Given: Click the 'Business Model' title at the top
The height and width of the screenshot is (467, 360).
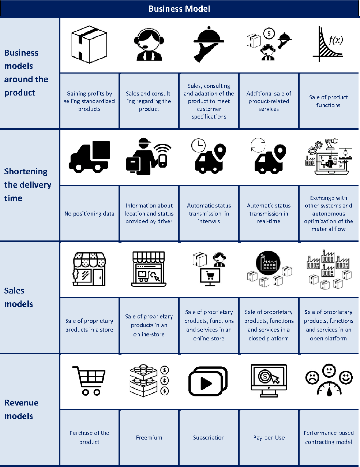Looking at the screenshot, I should click(179, 9).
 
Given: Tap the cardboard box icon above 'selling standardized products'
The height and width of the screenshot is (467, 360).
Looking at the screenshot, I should click(89, 45).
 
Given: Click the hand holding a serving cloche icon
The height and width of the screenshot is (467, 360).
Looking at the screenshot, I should click(209, 45).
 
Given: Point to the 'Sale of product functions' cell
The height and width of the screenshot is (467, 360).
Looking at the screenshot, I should click(329, 101).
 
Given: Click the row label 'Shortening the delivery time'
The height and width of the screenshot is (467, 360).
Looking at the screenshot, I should click(27, 185).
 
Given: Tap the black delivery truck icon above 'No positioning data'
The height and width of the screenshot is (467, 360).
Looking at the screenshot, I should click(90, 157).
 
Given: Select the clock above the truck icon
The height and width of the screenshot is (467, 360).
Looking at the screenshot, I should click(198, 145).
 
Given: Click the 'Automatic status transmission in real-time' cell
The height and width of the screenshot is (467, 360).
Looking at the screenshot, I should click(269, 213).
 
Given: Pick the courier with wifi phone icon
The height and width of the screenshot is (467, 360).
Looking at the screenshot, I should click(148, 156).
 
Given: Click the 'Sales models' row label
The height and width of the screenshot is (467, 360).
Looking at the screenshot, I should click(18, 297).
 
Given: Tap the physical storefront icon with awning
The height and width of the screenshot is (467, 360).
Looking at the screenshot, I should click(89, 269).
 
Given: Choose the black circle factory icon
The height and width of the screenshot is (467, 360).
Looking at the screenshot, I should click(268, 262).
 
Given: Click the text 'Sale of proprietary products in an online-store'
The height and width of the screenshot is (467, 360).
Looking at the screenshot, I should click(149, 325).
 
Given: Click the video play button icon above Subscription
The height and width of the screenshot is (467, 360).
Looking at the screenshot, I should click(208, 382).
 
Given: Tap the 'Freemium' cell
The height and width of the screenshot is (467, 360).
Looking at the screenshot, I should click(149, 437).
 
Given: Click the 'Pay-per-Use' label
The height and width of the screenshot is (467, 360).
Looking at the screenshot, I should click(269, 437).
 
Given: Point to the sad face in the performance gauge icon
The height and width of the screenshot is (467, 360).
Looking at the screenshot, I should click(312, 378).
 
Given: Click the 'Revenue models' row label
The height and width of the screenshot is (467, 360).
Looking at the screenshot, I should click(18, 409).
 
